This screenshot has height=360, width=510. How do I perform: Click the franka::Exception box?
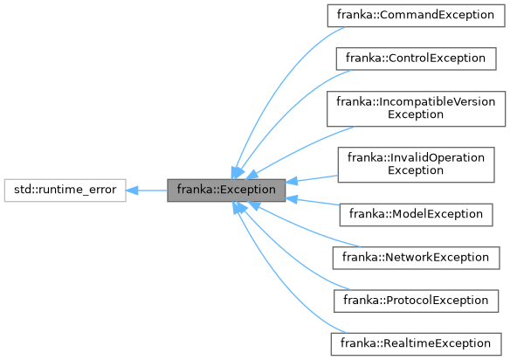(x=226, y=189)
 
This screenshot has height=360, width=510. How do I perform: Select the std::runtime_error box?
(x=65, y=189)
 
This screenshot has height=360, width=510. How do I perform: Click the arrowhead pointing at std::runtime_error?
(x=134, y=189)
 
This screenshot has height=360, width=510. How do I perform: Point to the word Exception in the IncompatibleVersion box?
(x=415, y=114)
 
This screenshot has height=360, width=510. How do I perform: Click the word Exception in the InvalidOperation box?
(x=415, y=170)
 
